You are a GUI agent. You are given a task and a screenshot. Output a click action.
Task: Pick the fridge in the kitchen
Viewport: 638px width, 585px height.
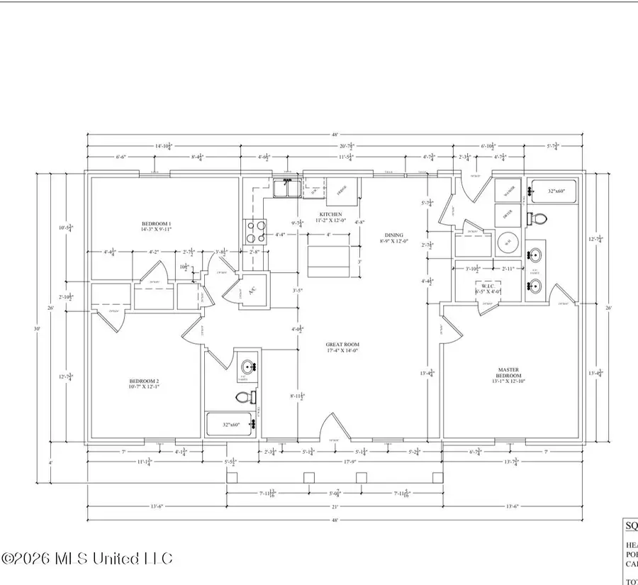341,190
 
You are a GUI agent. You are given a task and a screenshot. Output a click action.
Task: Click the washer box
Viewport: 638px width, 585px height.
508,190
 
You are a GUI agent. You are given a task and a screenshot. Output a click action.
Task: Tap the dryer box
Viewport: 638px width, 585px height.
508,214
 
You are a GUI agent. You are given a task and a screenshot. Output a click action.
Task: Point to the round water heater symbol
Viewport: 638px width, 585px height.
508,241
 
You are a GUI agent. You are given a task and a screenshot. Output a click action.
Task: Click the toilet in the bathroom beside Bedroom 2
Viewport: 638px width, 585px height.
241,399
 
